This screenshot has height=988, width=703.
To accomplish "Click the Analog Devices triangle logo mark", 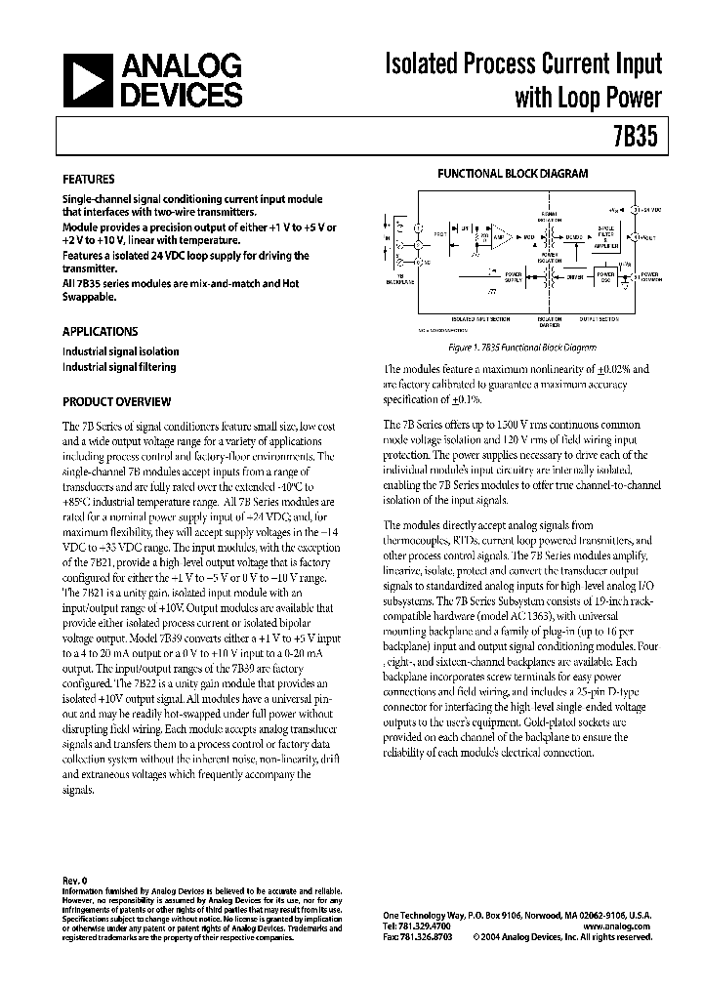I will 86,81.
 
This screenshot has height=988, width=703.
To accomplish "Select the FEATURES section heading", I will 89,180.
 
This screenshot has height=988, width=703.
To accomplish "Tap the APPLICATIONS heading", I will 101,331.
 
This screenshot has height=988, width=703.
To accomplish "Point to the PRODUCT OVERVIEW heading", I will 117,401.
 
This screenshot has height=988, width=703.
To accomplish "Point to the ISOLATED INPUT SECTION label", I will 479,319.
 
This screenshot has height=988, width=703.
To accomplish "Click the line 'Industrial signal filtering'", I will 119,367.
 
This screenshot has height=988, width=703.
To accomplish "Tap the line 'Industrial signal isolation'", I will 121,351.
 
